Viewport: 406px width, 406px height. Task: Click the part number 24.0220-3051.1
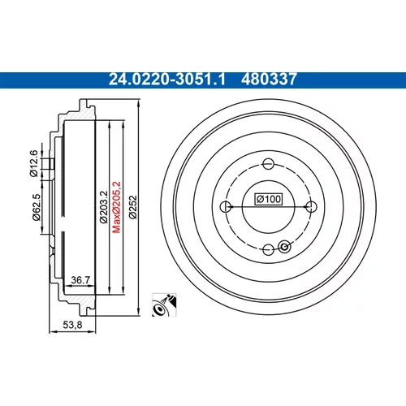[167, 80]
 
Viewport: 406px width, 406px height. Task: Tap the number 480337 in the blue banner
[269, 80]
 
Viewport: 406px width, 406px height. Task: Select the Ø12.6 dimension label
[34, 163]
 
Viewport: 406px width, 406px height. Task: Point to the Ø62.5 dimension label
[37, 207]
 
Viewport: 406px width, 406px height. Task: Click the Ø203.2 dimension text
[104, 207]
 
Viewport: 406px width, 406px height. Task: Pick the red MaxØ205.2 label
[116, 207]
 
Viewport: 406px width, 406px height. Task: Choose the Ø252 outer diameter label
[133, 207]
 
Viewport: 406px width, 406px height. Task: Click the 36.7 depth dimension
[80, 280]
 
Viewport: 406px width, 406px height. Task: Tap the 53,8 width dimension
[72, 325]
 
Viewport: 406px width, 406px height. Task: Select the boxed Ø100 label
[269, 199]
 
